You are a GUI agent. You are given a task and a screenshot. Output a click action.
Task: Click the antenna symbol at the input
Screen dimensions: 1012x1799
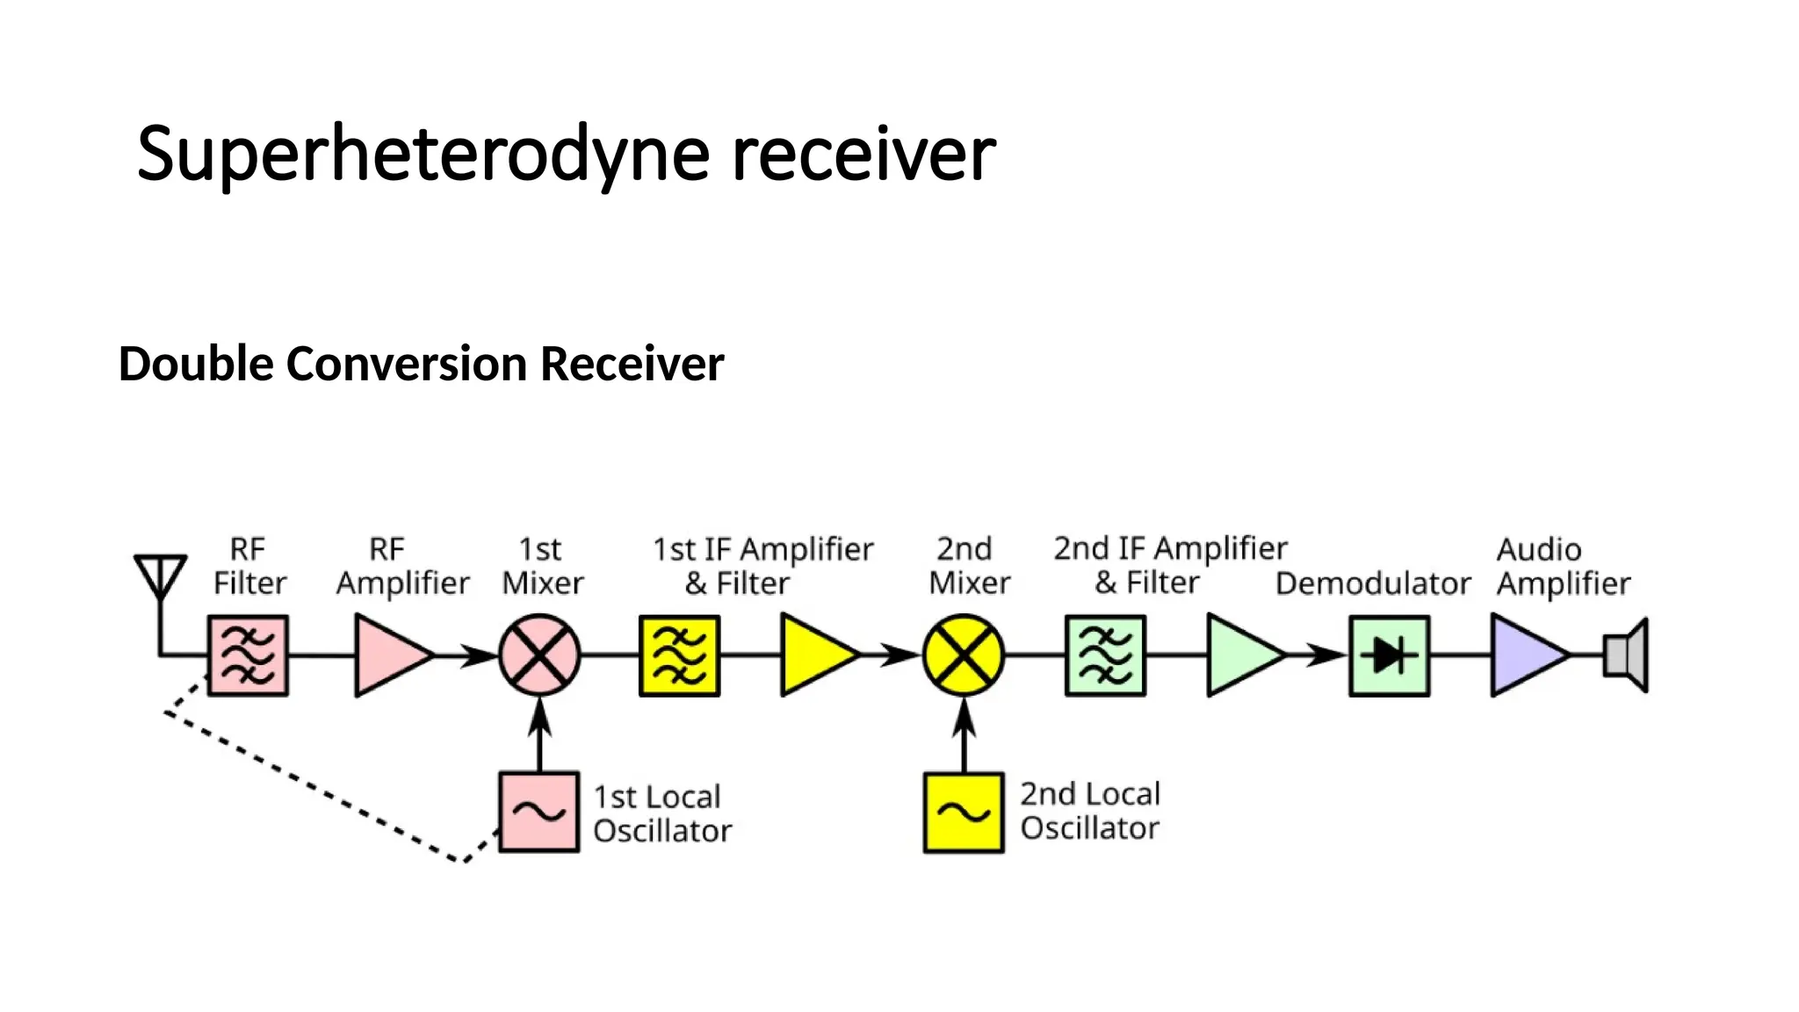pyautogui.click(x=160, y=576)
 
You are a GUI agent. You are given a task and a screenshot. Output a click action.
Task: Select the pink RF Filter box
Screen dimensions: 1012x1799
pyautogui.click(x=248, y=655)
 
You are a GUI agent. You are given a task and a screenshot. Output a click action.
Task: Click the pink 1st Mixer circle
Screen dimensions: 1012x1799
pyautogui.click(x=539, y=655)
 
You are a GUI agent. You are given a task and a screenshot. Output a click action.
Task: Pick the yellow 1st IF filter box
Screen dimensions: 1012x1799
pyautogui.click(x=679, y=655)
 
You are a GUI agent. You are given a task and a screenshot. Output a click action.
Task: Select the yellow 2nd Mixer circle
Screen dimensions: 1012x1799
pyautogui.click(x=964, y=655)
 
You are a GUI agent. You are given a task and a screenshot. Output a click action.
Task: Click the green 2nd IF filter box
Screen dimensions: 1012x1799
pyautogui.click(x=1105, y=655)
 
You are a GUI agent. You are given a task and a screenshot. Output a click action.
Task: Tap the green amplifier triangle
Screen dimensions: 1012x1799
pyautogui.click(x=1240, y=655)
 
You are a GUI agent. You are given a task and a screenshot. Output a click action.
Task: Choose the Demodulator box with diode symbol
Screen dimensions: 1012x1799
pyautogui.click(x=1389, y=655)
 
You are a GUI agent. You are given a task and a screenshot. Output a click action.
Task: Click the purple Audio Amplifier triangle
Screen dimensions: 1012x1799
pyautogui.click(x=1525, y=655)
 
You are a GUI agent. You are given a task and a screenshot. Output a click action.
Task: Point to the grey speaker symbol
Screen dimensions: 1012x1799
pyautogui.click(x=1626, y=655)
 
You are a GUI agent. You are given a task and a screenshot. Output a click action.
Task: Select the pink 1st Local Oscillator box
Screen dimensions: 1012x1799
pyautogui.click(x=538, y=812)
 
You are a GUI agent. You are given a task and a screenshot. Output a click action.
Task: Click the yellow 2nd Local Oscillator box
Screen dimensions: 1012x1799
pyautogui.click(x=964, y=812)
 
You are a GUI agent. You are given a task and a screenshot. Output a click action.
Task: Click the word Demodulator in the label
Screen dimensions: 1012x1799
pyautogui.click(x=1372, y=583)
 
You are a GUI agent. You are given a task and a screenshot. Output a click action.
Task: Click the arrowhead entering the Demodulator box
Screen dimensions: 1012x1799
pyautogui.click(x=1328, y=655)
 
